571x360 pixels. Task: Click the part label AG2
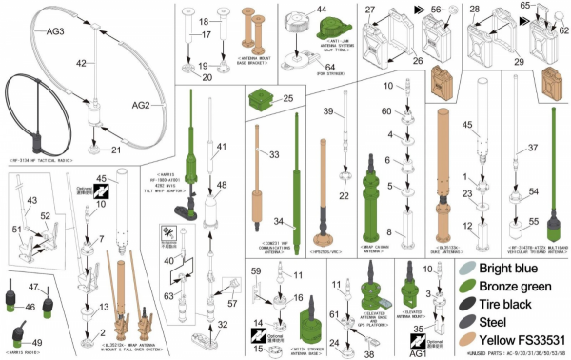coord(141,105)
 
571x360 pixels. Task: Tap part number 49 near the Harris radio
coord(37,343)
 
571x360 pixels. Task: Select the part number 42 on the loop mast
coord(82,62)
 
